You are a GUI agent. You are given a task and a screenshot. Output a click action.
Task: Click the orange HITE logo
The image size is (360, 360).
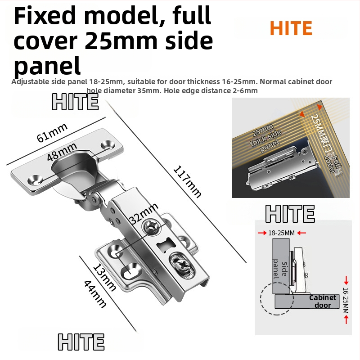coord(291,28)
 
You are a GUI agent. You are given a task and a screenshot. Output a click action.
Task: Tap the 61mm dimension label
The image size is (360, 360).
coord(52,132)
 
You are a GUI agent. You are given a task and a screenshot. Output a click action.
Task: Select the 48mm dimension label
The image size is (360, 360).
coord(62,152)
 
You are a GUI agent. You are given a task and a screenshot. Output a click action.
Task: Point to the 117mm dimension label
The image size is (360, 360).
coord(187,181)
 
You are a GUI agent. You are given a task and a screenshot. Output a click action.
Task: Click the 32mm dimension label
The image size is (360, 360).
coord(144,214)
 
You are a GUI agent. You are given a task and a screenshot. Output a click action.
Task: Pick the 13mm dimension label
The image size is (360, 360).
coord(104,278)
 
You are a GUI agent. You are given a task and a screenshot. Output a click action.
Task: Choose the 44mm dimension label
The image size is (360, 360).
coord(95,294)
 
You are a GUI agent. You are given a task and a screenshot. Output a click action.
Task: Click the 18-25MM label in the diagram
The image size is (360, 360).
coord(281,233)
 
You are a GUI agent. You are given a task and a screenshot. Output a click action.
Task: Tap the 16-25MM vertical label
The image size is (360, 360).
coord(346,300)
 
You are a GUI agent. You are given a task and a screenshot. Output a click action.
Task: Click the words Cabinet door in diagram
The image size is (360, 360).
coord(322,301)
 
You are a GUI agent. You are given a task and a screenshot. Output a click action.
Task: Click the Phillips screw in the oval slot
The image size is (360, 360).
coord(183,266)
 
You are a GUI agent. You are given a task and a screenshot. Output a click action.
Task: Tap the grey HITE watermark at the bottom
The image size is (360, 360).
coord(81,342)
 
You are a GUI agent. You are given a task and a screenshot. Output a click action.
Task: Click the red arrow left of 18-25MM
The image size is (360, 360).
coord(262,233)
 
